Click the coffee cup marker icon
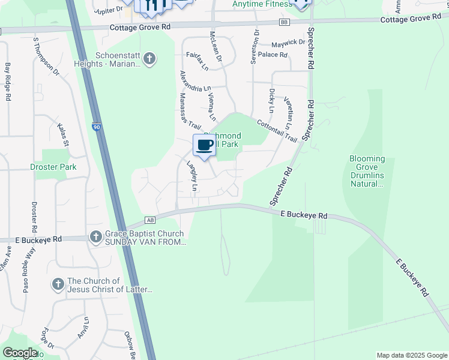[205, 145]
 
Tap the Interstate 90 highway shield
[97, 127]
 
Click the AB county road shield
[150, 220]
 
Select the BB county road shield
[284, 22]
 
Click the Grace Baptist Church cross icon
[95, 237]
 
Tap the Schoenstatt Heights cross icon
[150, 59]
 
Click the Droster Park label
[53, 167]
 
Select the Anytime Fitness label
[261, 4]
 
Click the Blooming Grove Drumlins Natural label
[366, 172]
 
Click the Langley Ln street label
[191, 176]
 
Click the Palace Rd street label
[273, 55]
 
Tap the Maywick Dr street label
[288, 43]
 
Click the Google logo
[19, 353]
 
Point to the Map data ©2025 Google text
[411, 355]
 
